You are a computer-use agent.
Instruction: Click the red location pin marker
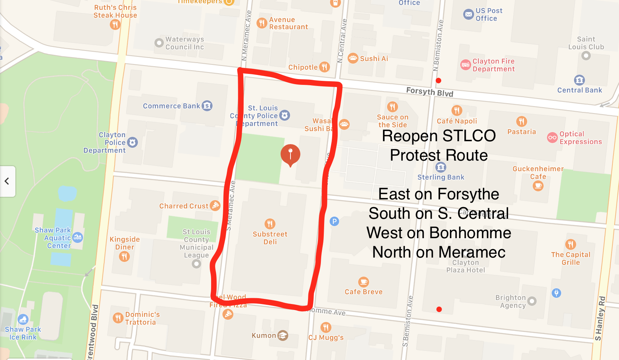tap(290, 154)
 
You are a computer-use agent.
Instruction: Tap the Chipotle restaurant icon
tap(324, 67)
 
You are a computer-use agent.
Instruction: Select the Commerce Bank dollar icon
tap(207, 106)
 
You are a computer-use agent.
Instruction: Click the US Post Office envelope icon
tap(468, 15)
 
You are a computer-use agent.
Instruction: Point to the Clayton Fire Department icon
tap(465, 65)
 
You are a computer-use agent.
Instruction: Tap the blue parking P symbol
tap(334, 221)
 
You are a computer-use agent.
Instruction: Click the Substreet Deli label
tap(270, 238)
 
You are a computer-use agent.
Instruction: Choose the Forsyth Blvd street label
tap(429, 92)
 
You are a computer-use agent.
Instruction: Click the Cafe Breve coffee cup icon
tap(363, 282)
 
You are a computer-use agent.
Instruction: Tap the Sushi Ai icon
tap(353, 58)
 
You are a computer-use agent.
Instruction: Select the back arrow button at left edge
tap(7, 181)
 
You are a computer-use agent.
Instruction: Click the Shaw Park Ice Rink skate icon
tap(23, 319)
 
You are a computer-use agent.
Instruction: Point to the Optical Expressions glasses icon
tap(552, 138)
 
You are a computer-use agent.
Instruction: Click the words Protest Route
tap(439, 155)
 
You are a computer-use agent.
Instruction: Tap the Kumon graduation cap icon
tap(283, 335)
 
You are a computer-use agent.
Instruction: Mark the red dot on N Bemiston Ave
tap(438, 80)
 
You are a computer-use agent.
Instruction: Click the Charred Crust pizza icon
tap(215, 206)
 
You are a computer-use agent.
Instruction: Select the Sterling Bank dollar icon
tap(441, 167)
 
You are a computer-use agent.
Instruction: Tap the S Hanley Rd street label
tap(600, 318)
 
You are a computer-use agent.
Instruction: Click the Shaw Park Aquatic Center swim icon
tap(78, 237)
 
